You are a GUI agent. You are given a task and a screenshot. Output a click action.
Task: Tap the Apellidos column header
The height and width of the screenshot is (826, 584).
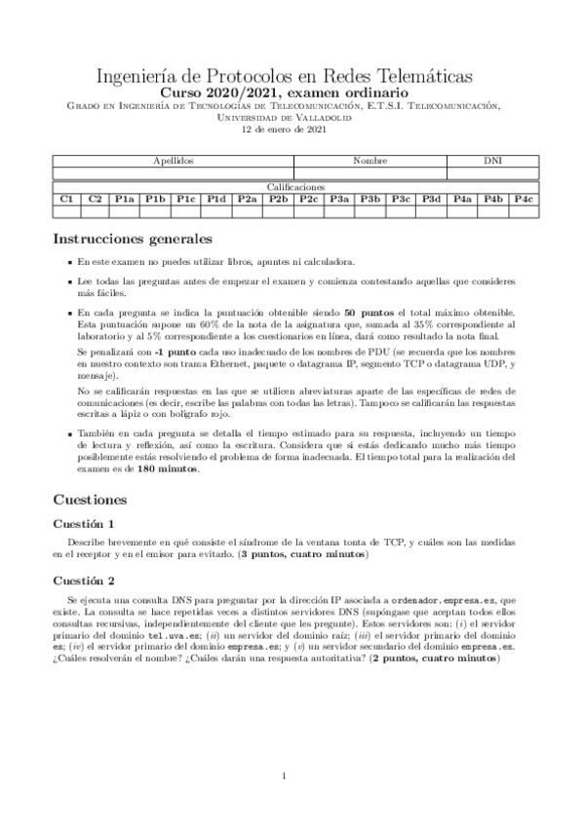coord(174,160)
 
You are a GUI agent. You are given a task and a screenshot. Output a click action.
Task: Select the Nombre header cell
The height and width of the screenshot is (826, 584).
coord(370,160)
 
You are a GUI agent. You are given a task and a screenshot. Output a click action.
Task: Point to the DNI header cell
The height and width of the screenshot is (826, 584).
coord(493,160)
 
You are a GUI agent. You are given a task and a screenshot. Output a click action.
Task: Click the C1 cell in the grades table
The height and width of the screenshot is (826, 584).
coord(66,199)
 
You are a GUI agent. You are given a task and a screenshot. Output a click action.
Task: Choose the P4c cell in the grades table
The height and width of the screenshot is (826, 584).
coord(523,199)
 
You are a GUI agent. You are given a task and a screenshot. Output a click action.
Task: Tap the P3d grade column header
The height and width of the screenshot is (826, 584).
coord(432,199)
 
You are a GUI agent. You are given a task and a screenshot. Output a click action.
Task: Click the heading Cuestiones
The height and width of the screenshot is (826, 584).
coord(95,500)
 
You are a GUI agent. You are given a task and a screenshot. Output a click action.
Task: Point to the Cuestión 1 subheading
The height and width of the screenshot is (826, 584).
coord(90,524)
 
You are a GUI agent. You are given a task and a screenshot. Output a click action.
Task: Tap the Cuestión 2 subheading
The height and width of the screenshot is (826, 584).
coord(90,580)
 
